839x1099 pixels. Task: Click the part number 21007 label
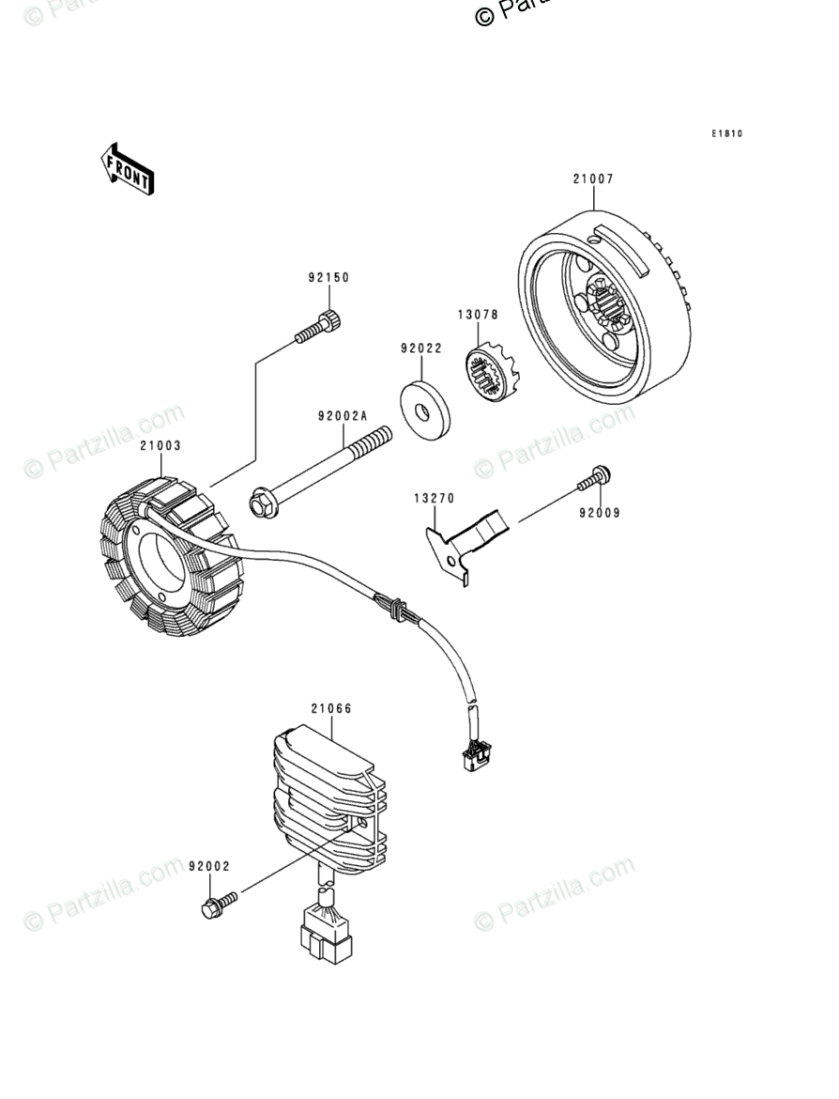593,178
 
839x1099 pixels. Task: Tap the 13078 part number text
478,315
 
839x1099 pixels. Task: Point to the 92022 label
420,348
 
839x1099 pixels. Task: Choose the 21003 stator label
160,446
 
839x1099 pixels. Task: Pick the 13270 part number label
434,497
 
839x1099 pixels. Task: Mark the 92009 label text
599,514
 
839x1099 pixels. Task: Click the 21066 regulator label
331,709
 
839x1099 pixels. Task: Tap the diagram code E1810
726,134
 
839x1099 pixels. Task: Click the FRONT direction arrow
128,169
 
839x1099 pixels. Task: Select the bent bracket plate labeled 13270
466,547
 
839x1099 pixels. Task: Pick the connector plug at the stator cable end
473,751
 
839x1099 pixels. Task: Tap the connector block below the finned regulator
325,935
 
